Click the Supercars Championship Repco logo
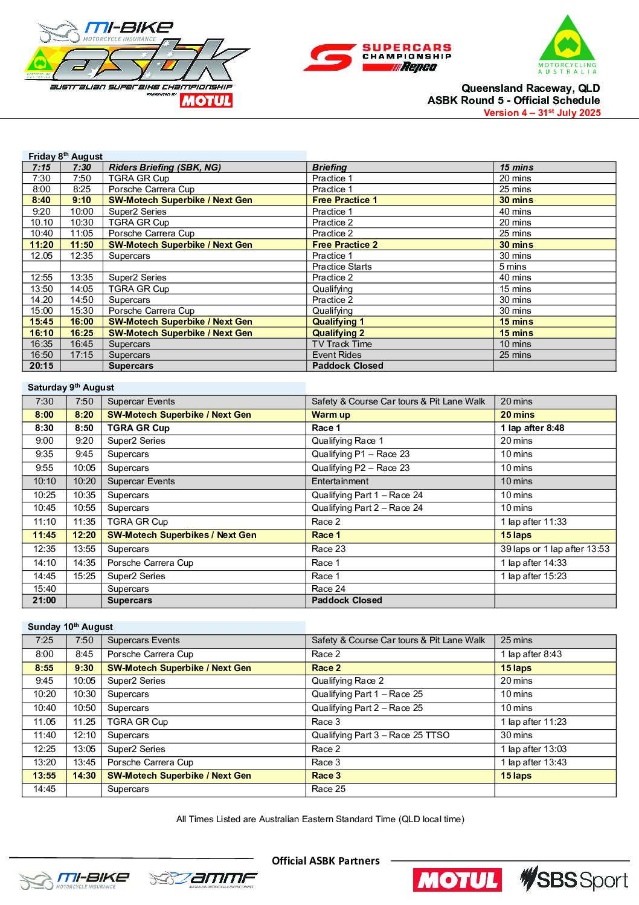[x=377, y=58]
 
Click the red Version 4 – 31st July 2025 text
[x=542, y=113]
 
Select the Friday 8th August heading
[x=65, y=156]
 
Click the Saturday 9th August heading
[x=71, y=388]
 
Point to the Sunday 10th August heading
[x=70, y=627]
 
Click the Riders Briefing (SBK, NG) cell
[x=164, y=167]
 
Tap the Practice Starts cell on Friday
[x=342, y=267]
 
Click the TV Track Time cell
[x=342, y=344]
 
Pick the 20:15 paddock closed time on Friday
[x=42, y=366]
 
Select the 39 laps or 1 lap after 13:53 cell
[x=554, y=549]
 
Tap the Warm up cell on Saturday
[x=331, y=415]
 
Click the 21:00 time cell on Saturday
[x=44, y=600]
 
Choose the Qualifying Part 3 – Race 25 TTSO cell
[x=381, y=735]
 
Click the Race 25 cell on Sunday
[x=329, y=789]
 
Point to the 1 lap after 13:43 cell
[x=533, y=762]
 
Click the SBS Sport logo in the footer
[x=574, y=880]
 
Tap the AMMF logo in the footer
[x=203, y=880]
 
